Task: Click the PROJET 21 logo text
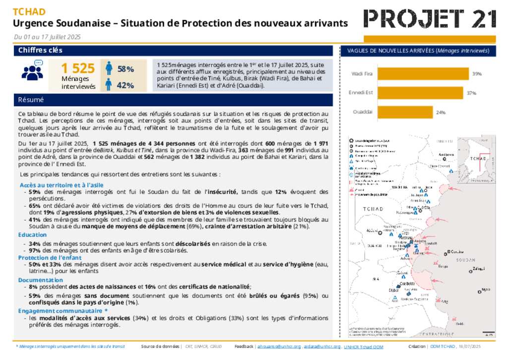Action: tap(430, 19)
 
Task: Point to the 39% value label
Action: tap(477, 73)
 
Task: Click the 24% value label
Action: tap(441, 112)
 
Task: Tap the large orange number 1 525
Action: tap(77, 69)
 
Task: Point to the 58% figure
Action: tap(126, 69)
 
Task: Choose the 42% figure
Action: tap(126, 85)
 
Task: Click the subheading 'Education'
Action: tap(33, 235)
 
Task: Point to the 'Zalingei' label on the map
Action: tap(479, 269)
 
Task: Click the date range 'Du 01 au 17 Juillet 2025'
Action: tap(47, 37)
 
